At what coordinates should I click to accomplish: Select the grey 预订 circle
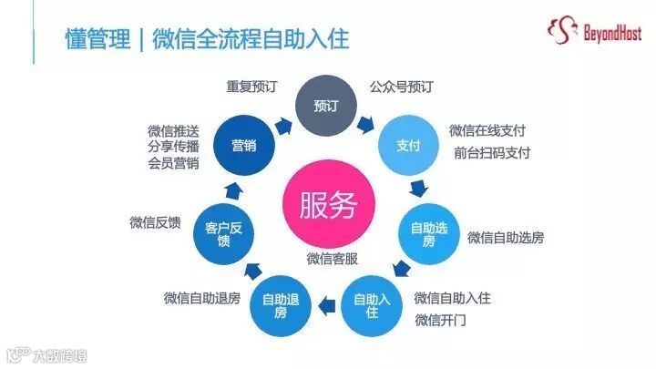pyautogui.click(x=325, y=107)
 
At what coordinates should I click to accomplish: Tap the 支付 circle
pyautogui.click(x=408, y=146)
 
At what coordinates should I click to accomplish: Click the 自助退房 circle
pyautogui.click(x=282, y=305)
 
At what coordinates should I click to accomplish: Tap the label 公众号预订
pyautogui.click(x=401, y=87)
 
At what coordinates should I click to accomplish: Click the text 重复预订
pyautogui.click(x=251, y=87)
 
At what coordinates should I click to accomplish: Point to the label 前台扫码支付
pyautogui.click(x=492, y=152)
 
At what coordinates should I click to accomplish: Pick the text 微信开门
pyautogui.click(x=441, y=320)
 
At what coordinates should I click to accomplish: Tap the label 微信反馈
pyautogui.click(x=156, y=221)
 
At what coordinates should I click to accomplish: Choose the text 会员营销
pyautogui.click(x=173, y=163)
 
